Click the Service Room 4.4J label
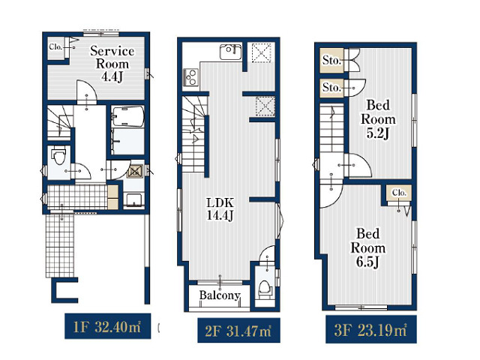(112, 64)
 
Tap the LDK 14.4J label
(220, 209)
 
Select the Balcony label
(220, 295)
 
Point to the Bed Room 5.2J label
(378, 119)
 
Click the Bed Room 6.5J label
(368, 248)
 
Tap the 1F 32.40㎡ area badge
(107, 326)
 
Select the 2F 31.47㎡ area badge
(238, 330)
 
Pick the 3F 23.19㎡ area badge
(371, 329)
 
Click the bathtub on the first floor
(127, 117)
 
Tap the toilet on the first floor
(58, 156)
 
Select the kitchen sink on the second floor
(230, 52)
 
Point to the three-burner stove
(190, 77)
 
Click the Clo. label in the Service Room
(55, 47)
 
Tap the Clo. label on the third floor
(399, 193)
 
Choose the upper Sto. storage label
(331, 60)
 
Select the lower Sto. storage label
(331, 88)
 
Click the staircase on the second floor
(193, 134)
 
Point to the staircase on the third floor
(331, 128)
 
